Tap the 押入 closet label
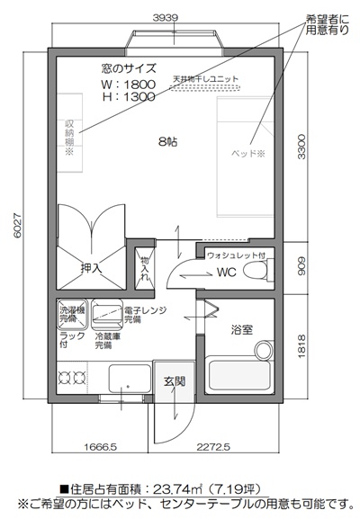(x=91, y=267)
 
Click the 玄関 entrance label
(x=174, y=380)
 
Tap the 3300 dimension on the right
(x=304, y=144)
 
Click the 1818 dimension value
(x=304, y=345)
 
